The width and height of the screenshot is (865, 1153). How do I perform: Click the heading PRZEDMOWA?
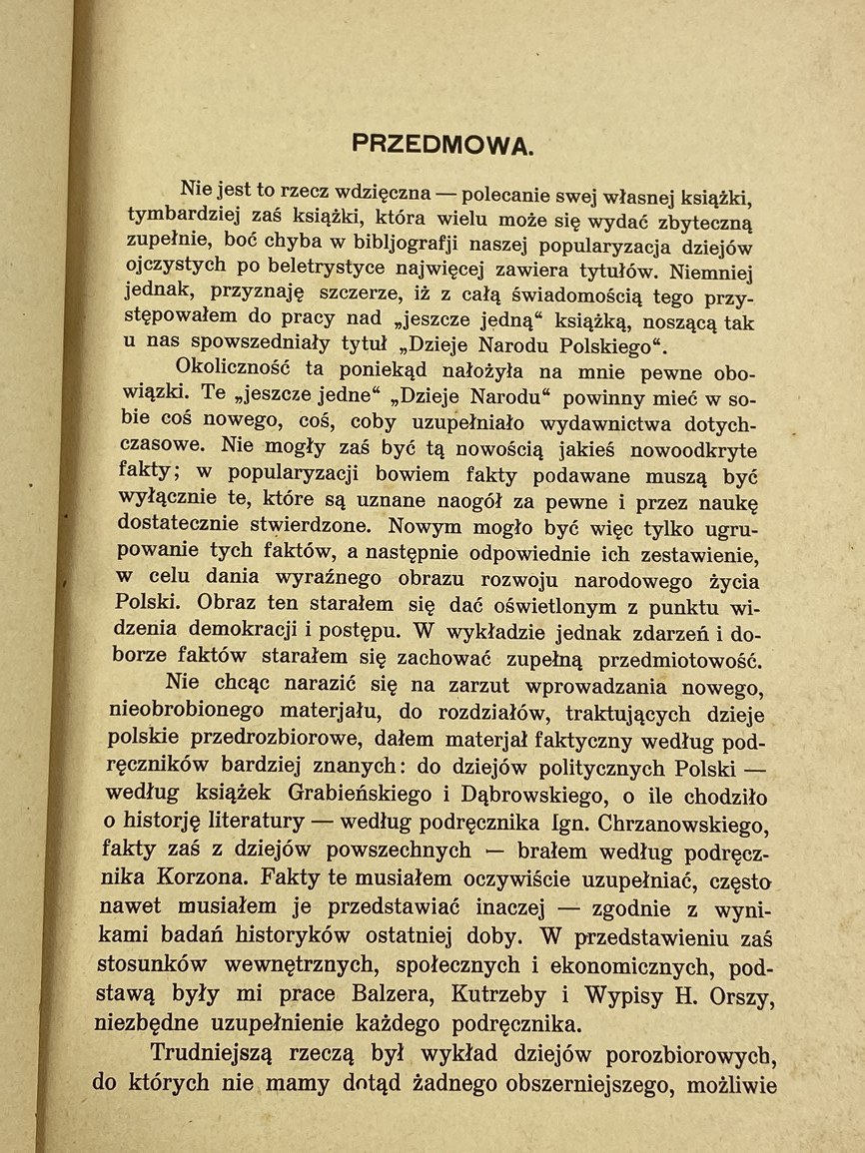coord(443,143)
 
